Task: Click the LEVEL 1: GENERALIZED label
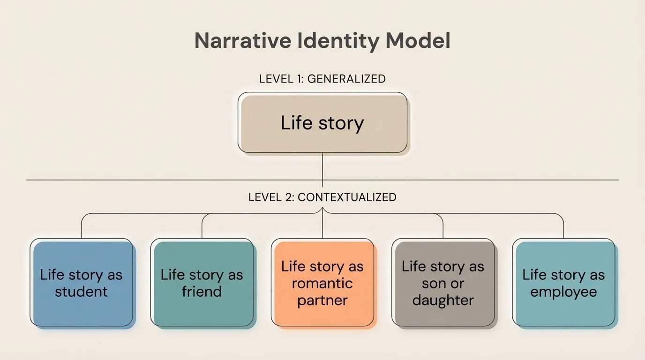tap(322, 79)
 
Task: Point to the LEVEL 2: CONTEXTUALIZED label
tap(322, 197)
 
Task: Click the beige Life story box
tap(322, 123)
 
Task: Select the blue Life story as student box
tap(82, 283)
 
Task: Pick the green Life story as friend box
tap(202, 283)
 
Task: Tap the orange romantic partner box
tap(322, 283)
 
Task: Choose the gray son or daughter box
tap(443, 283)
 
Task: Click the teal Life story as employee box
tap(563, 283)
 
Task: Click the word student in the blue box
tap(82, 292)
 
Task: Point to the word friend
tap(202, 292)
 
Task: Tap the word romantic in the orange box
tap(322, 283)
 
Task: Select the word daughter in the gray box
tap(443, 300)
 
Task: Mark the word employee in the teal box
tap(563, 292)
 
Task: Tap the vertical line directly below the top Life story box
tap(322, 166)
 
